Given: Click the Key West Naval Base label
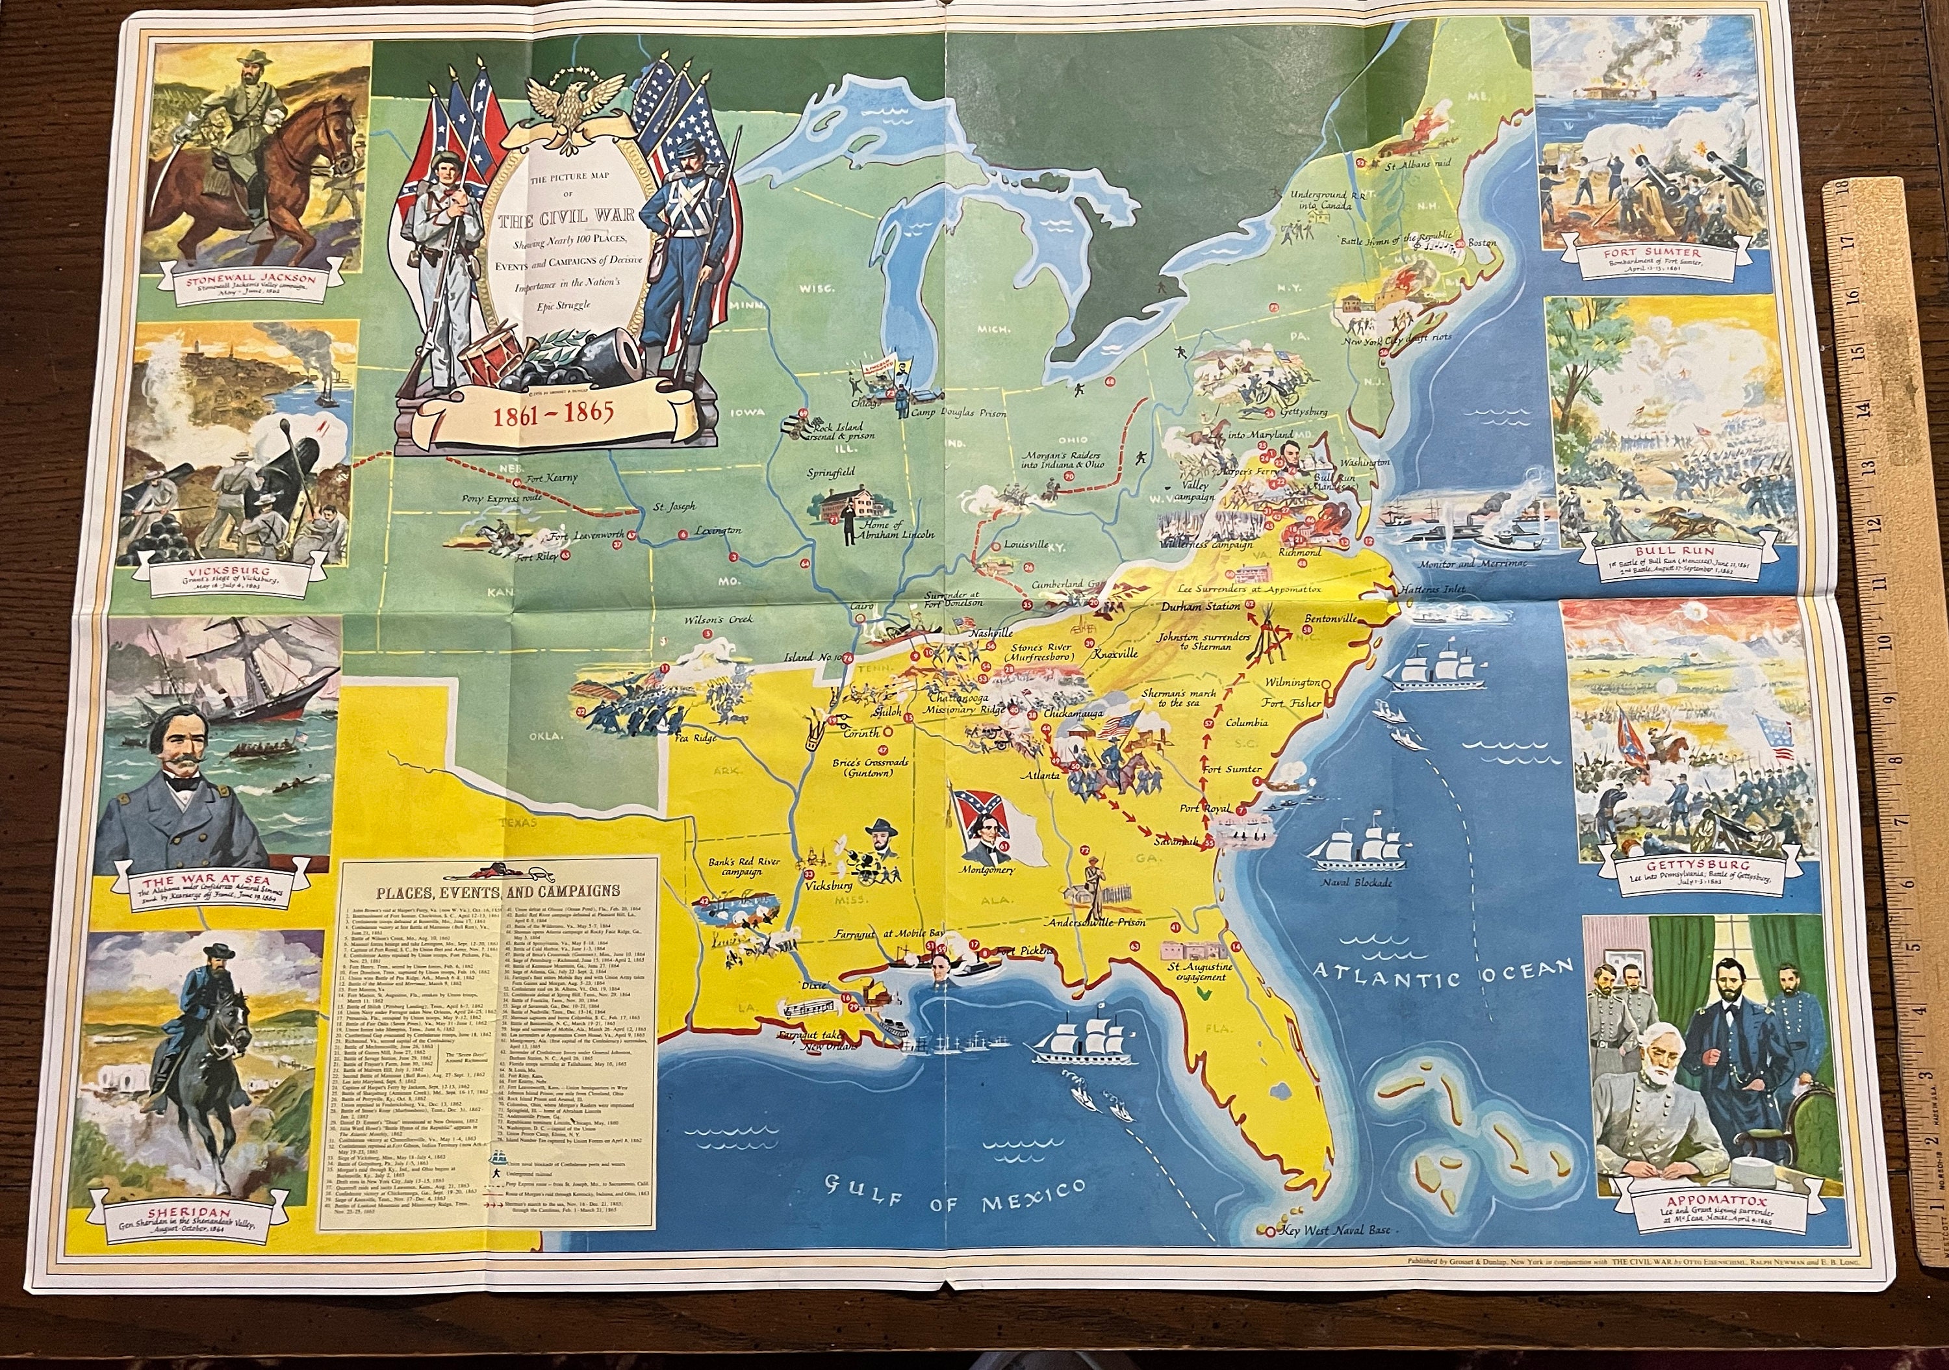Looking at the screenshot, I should [x=1335, y=1278].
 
